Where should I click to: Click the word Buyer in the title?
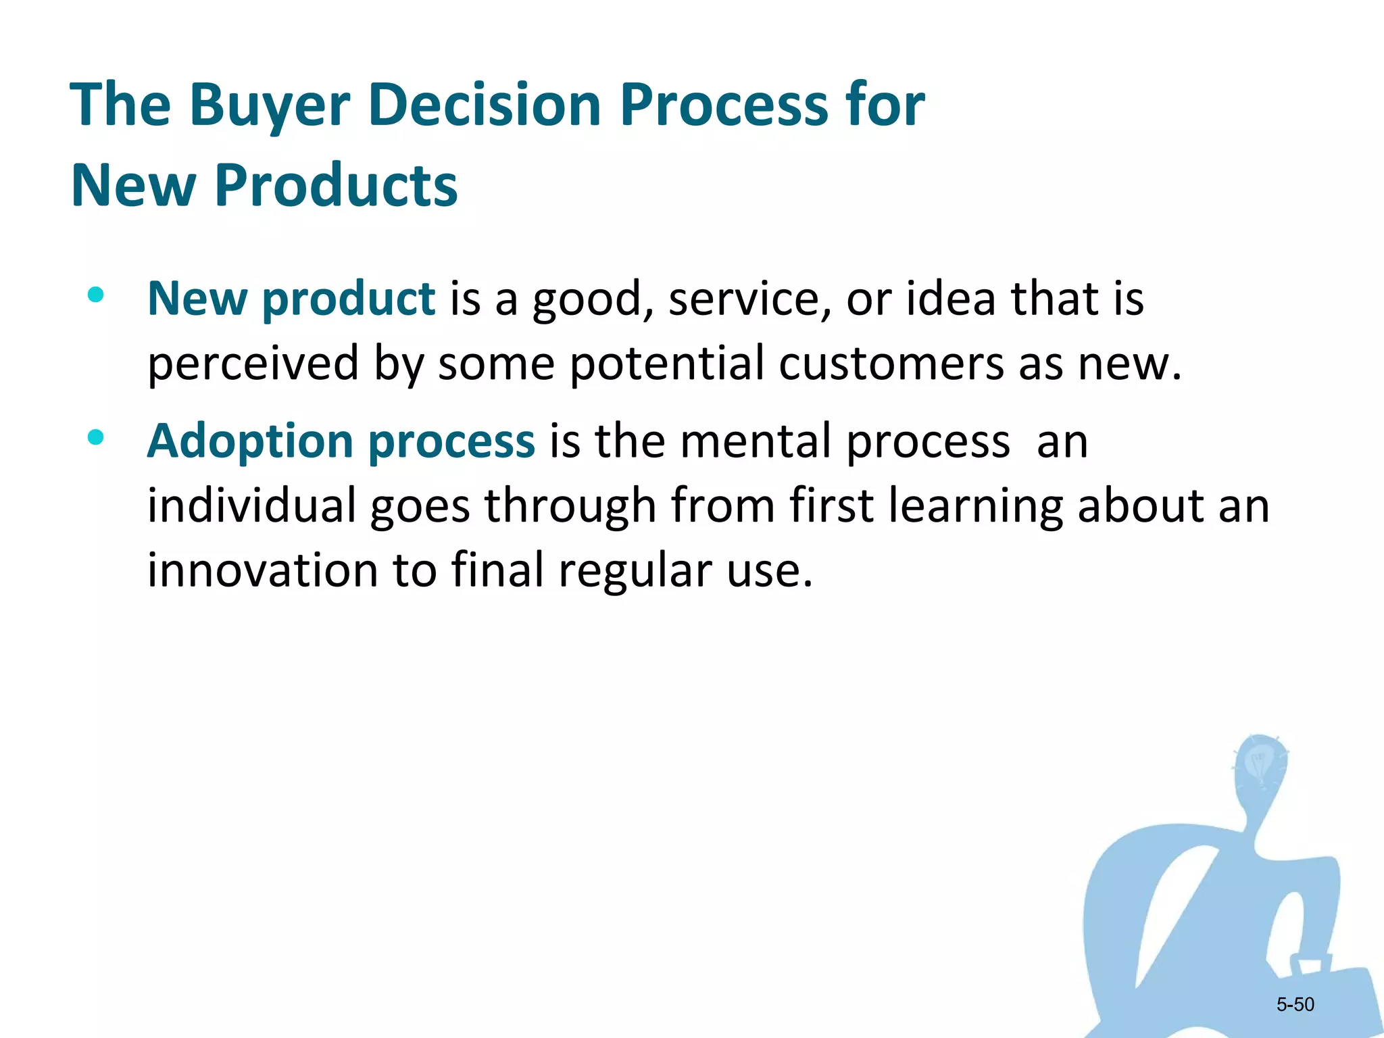(269, 105)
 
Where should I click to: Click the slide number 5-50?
(1295, 1005)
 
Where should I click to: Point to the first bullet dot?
(95, 295)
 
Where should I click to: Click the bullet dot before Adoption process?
(95, 437)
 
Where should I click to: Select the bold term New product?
(291, 299)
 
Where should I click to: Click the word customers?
(891, 364)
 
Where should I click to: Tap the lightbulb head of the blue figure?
(1260, 764)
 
